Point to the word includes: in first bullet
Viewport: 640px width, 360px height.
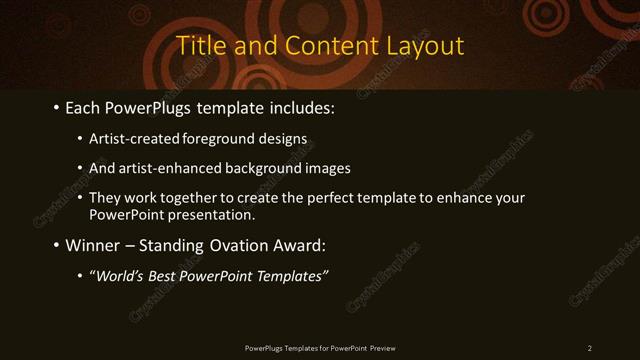point(299,106)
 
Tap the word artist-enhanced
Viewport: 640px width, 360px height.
point(165,168)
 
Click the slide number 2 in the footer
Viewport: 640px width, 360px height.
point(590,348)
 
